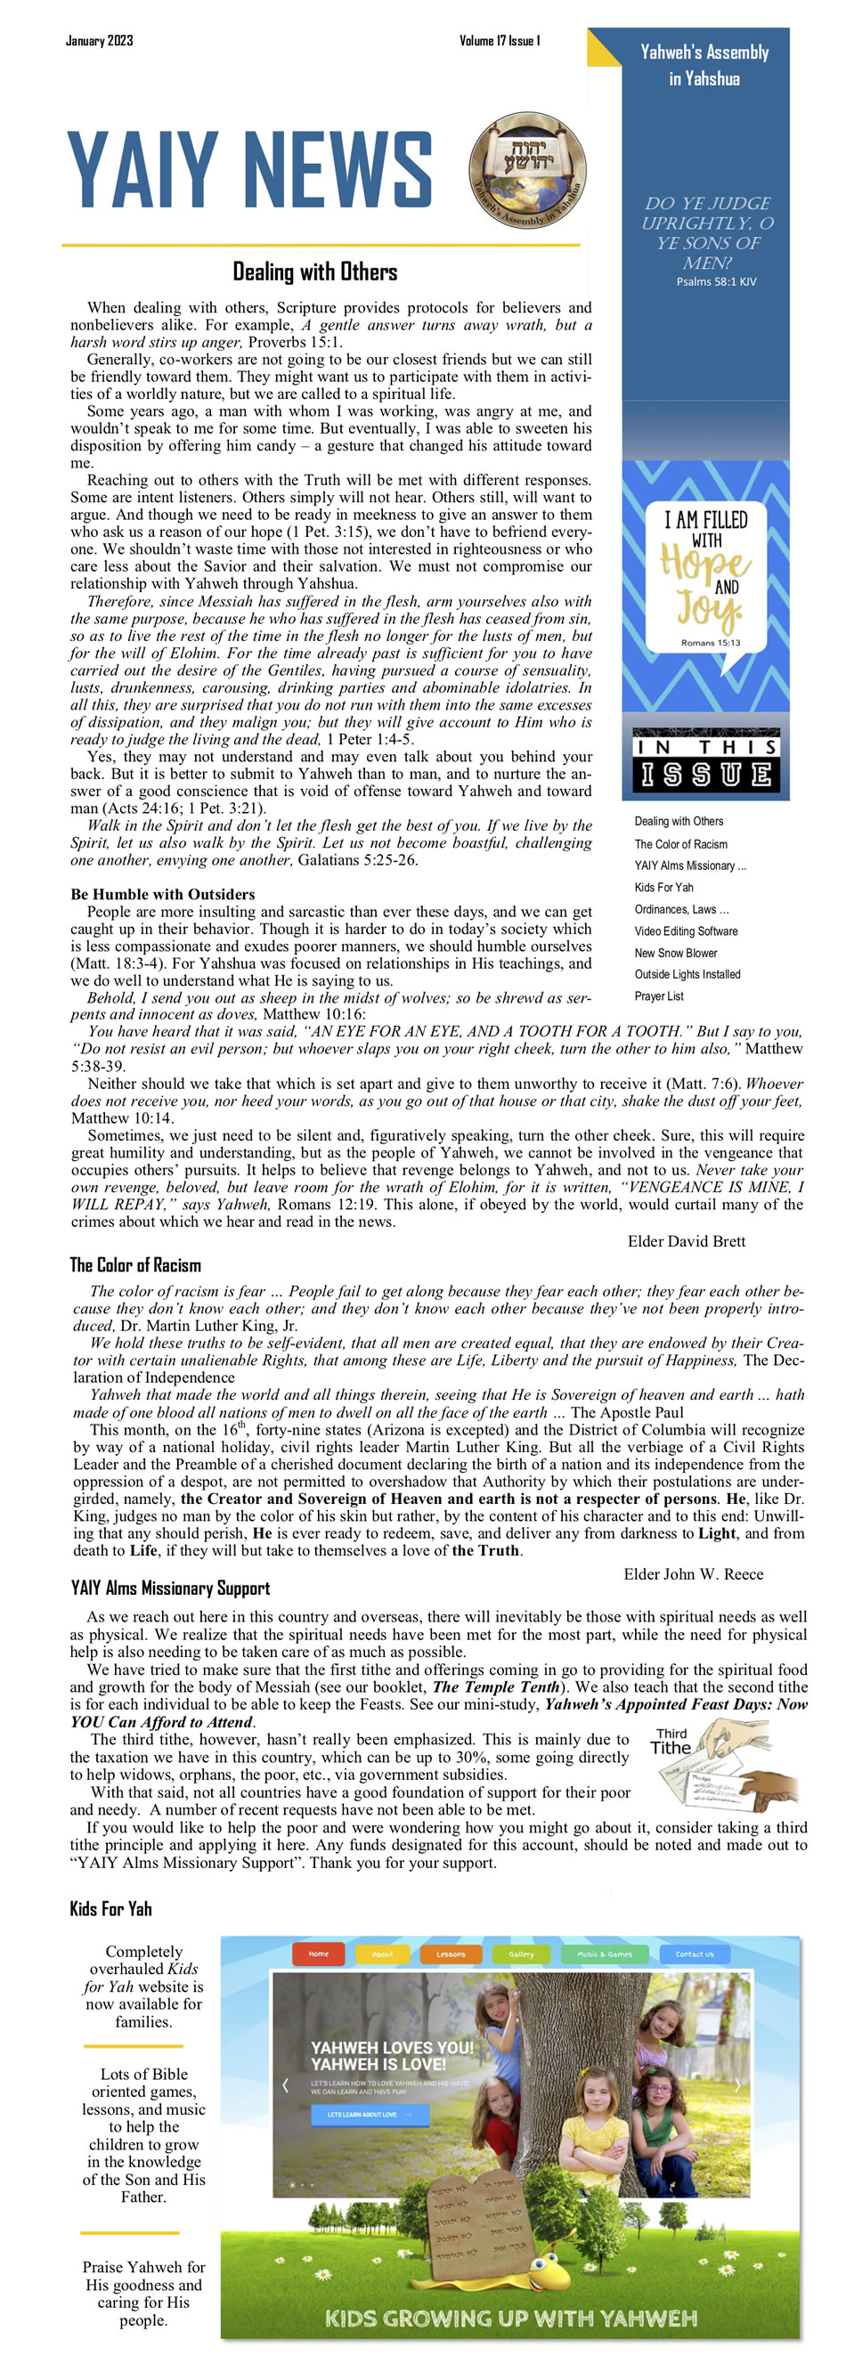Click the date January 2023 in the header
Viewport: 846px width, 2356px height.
(x=99, y=40)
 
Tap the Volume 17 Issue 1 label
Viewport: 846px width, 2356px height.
(x=500, y=40)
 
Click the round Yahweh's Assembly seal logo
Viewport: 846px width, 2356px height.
(x=528, y=171)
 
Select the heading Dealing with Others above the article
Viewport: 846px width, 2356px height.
(x=314, y=272)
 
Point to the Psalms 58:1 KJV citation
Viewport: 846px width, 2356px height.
(x=716, y=281)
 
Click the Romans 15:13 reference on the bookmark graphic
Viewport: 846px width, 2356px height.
(x=711, y=643)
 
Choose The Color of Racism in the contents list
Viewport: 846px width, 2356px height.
(x=680, y=844)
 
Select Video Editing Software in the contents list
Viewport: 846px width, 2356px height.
(x=686, y=931)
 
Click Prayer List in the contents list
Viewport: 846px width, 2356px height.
(x=658, y=996)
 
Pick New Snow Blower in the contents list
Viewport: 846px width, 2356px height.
(x=676, y=953)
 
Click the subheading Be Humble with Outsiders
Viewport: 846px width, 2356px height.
(x=162, y=894)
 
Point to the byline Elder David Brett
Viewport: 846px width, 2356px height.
(x=686, y=1241)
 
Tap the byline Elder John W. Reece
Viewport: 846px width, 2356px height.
(x=693, y=1574)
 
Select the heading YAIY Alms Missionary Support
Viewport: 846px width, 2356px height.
(x=170, y=1588)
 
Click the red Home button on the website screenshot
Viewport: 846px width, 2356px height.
(x=317, y=1954)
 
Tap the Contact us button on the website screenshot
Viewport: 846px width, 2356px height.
(x=695, y=1954)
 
